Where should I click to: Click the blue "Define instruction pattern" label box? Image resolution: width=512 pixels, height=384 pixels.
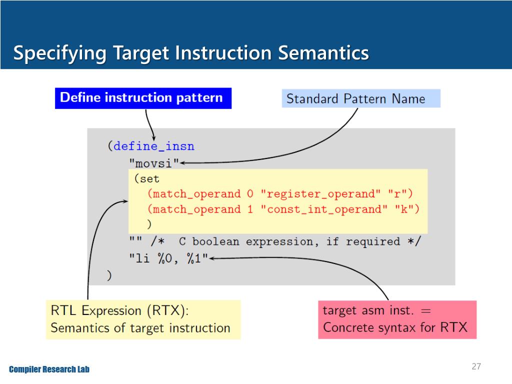click(143, 98)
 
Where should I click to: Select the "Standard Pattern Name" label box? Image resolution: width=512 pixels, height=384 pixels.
click(360, 98)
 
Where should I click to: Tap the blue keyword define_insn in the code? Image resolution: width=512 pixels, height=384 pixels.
click(154, 146)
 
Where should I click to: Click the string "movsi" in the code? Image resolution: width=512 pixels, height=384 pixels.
click(154, 162)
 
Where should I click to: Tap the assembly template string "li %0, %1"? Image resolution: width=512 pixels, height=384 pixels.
click(168, 258)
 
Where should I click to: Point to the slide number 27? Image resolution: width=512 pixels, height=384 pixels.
click(476, 367)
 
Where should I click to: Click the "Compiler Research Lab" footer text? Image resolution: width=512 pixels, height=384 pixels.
click(49, 369)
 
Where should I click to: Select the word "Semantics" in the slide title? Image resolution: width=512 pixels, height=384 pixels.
click(323, 53)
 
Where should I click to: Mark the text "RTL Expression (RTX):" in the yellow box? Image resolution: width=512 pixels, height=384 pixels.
click(120, 310)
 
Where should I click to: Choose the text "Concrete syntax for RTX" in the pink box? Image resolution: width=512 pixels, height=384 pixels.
click(395, 327)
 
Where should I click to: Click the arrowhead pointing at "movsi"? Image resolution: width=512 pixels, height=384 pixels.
click(184, 162)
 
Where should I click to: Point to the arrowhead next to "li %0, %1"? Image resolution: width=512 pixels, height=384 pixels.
click(212, 258)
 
